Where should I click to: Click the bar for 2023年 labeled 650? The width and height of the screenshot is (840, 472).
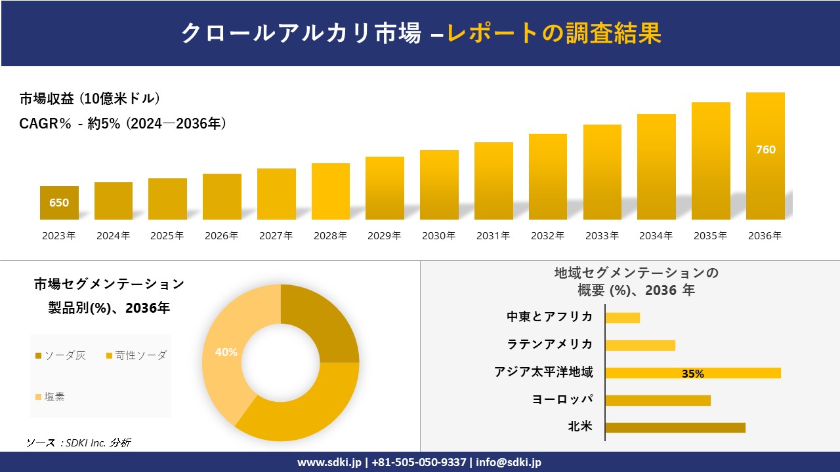click(x=59, y=203)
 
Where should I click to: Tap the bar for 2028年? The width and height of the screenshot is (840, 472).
click(x=331, y=191)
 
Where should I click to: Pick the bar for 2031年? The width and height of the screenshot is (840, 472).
click(x=493, y=181)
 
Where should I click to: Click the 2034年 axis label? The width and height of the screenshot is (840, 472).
click(x=656, y=236)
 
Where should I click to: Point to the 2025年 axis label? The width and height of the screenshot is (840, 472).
click(x=167, y=236)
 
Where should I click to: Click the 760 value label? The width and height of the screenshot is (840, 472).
click(x=765, y=149)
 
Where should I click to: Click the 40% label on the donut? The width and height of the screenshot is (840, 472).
click(x=226, y=352)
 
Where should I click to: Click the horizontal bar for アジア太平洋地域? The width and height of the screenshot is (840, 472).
click(x=693, y=373)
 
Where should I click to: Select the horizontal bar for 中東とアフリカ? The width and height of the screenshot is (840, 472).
click(x=622, y=318)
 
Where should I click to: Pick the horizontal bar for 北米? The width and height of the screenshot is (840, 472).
click(x=675, y=427)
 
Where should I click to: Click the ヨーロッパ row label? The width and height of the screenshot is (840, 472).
click(x=562, y=399)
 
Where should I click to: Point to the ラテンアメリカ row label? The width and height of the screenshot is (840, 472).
click(x=549, y=344)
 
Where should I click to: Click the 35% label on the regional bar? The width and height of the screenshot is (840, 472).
click(x=692, y=374)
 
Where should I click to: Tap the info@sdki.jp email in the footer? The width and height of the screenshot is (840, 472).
click(x=509, y=462)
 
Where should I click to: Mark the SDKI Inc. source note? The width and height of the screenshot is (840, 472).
click(x=78, y=443)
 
